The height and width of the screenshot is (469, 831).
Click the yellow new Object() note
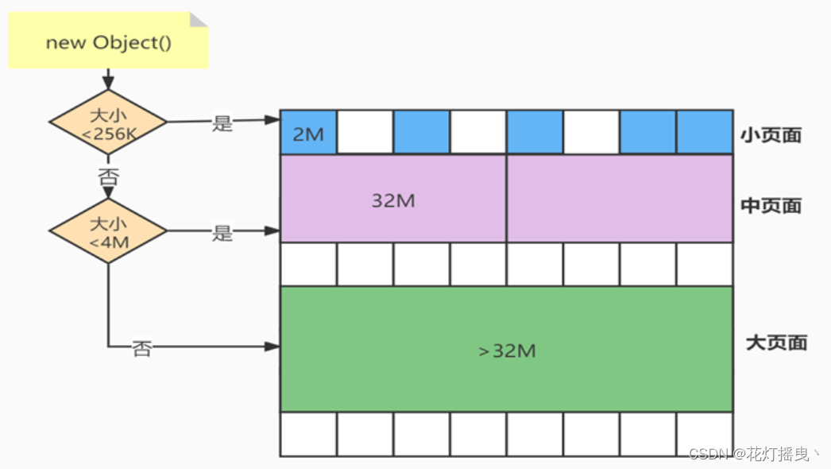click(108, 41)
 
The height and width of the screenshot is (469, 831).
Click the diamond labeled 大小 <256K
click(108, 122)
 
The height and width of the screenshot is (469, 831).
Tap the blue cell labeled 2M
click(308, 132)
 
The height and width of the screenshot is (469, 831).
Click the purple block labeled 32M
click(393, 199)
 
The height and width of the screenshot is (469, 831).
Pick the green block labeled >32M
click(506, 350)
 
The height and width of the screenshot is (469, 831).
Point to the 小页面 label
click(771, 134)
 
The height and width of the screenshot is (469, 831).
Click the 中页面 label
click(771, 206)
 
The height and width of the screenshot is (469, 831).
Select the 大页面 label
click(776, 343)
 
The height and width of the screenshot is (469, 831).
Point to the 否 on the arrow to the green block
click(141, 348)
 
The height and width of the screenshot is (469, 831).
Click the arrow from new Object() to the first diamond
click(108, 79)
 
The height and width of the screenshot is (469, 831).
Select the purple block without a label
click(620, 199)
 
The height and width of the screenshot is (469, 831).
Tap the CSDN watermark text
click(755, 454)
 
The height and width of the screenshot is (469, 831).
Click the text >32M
click(506, 351)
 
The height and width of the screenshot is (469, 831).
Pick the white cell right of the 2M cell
click(365, 132)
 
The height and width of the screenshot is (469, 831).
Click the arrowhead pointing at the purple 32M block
click(274, 231)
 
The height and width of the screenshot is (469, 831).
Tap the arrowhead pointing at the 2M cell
click(274, 120)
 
